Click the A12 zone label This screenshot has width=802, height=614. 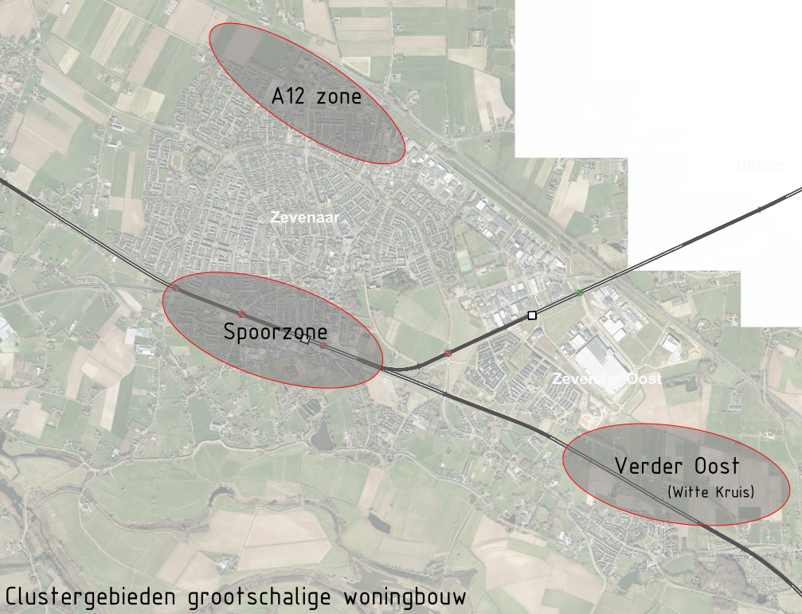[x=316, y=97]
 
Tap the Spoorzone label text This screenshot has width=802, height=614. [x=275, y=332]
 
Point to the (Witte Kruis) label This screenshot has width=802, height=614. [x=711, y=491]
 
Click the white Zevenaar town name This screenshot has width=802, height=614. [x=300, y=217]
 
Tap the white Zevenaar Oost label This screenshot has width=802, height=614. [x=607, y=379]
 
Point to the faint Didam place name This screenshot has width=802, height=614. [x=760, y=166]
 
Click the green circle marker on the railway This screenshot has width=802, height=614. [x=580, y=294]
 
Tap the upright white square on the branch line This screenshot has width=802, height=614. [x=532, y=315]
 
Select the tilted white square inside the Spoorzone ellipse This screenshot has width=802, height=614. [x=305, y=341]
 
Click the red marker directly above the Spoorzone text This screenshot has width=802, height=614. [x=241, y=314]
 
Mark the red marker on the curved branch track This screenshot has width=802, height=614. [x=448, y=352]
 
